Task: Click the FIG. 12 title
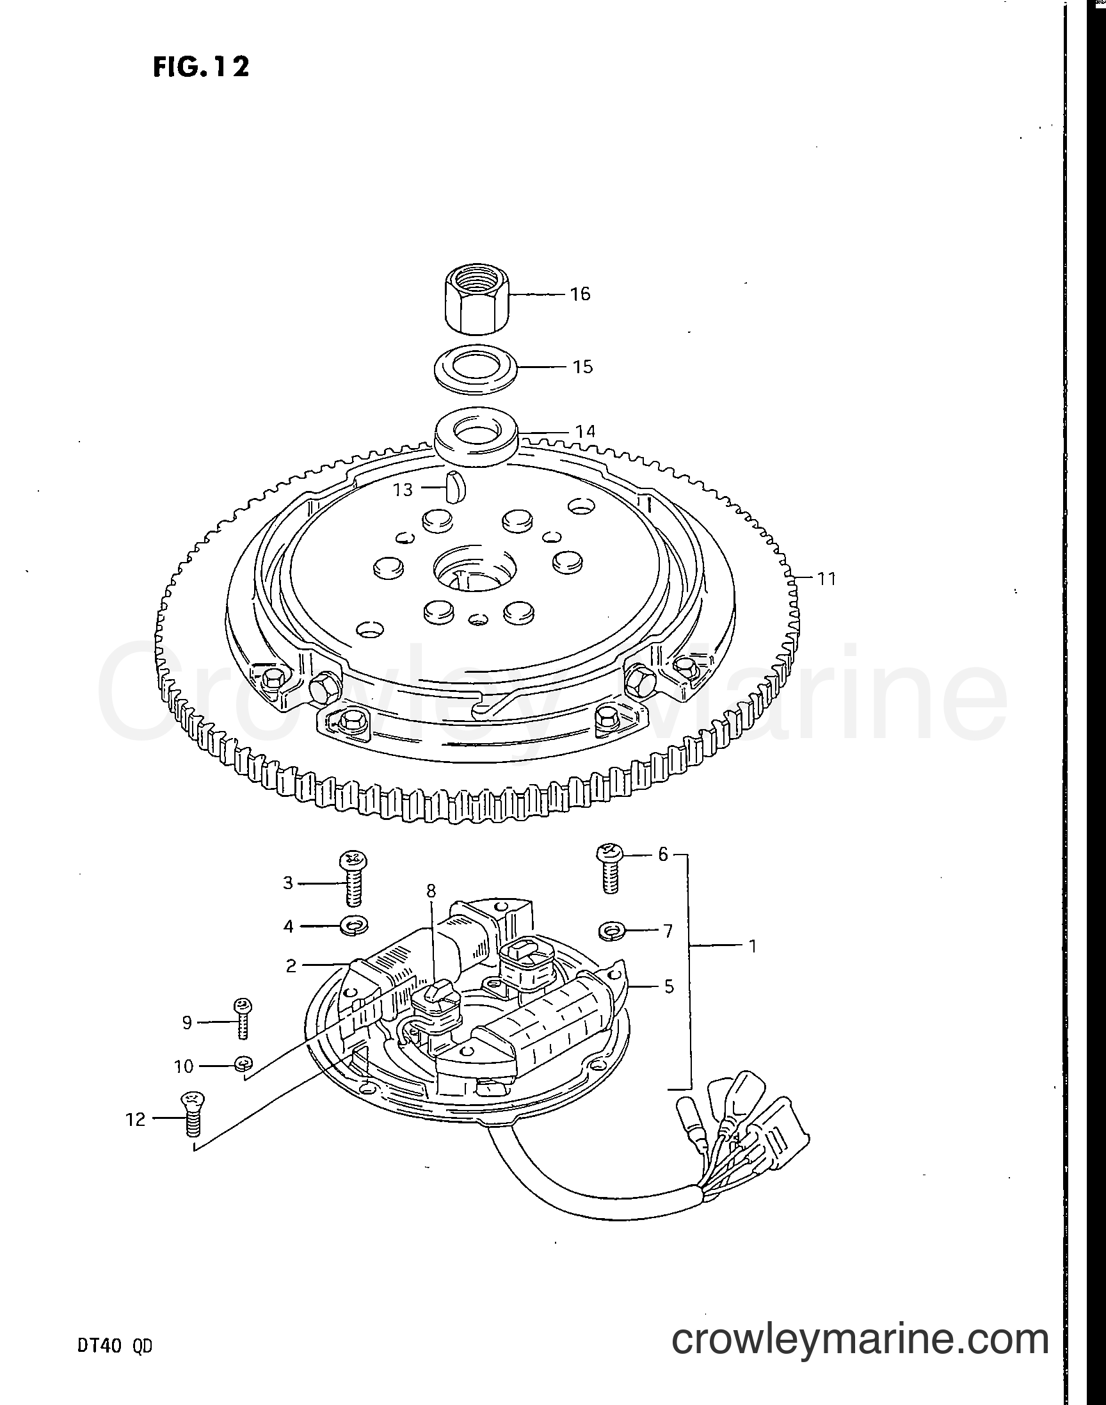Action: [x=201, y=67]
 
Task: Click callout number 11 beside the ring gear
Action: [x=826, y=578]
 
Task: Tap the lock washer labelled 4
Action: [x=354, y=927]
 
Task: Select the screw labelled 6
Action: [x=609, y=867]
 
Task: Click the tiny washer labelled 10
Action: [x=243, y=1063]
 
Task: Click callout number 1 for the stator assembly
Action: [x=753, y=947]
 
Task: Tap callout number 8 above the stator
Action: [x=432, y=892]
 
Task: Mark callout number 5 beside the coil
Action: [x=669, y=987]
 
